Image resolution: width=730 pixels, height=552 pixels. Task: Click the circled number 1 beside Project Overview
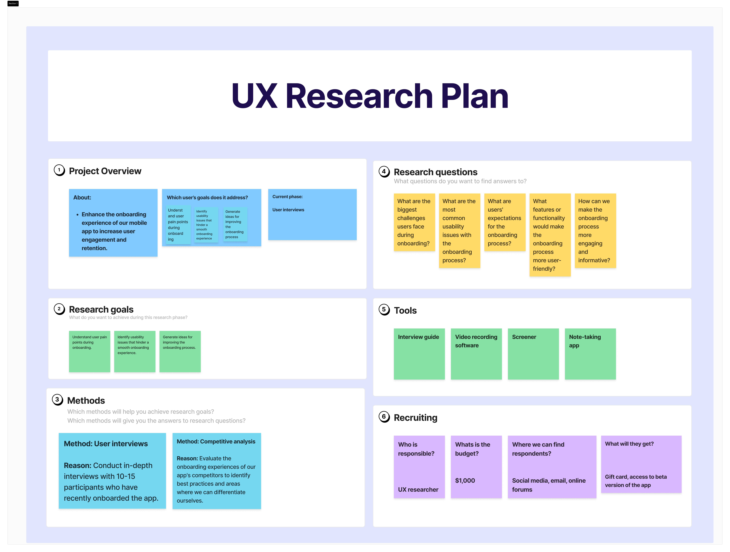pyautogui.click(x=59, y=170)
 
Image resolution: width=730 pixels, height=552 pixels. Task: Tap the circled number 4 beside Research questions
pyautogui.click(x=384, y=172)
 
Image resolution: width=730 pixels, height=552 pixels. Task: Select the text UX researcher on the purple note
pyautogui.click(x=418, y=490)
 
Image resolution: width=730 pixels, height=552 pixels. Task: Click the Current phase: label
pyautogui.click(x=287, y=197)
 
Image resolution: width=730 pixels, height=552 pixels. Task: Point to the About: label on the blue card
pyautogui.click(x=82, y=197)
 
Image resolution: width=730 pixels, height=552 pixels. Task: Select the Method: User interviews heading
pyautogui.click(x=106, y=444)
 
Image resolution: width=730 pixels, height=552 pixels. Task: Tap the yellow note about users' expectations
pyautogui.click(x=504, y=222)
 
